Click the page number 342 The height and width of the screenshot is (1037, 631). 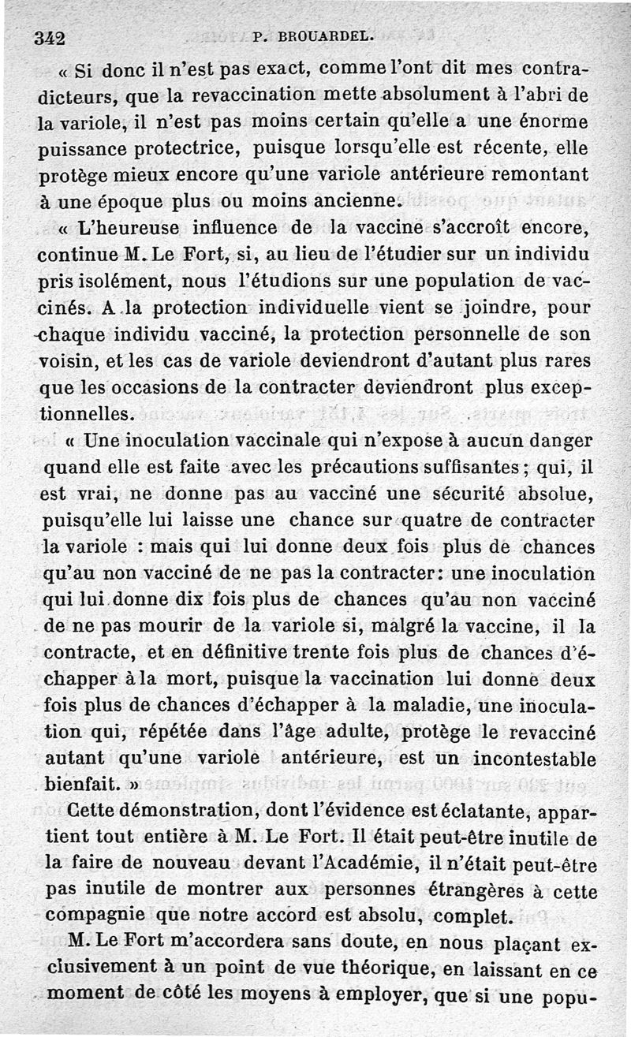(49, 37)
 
